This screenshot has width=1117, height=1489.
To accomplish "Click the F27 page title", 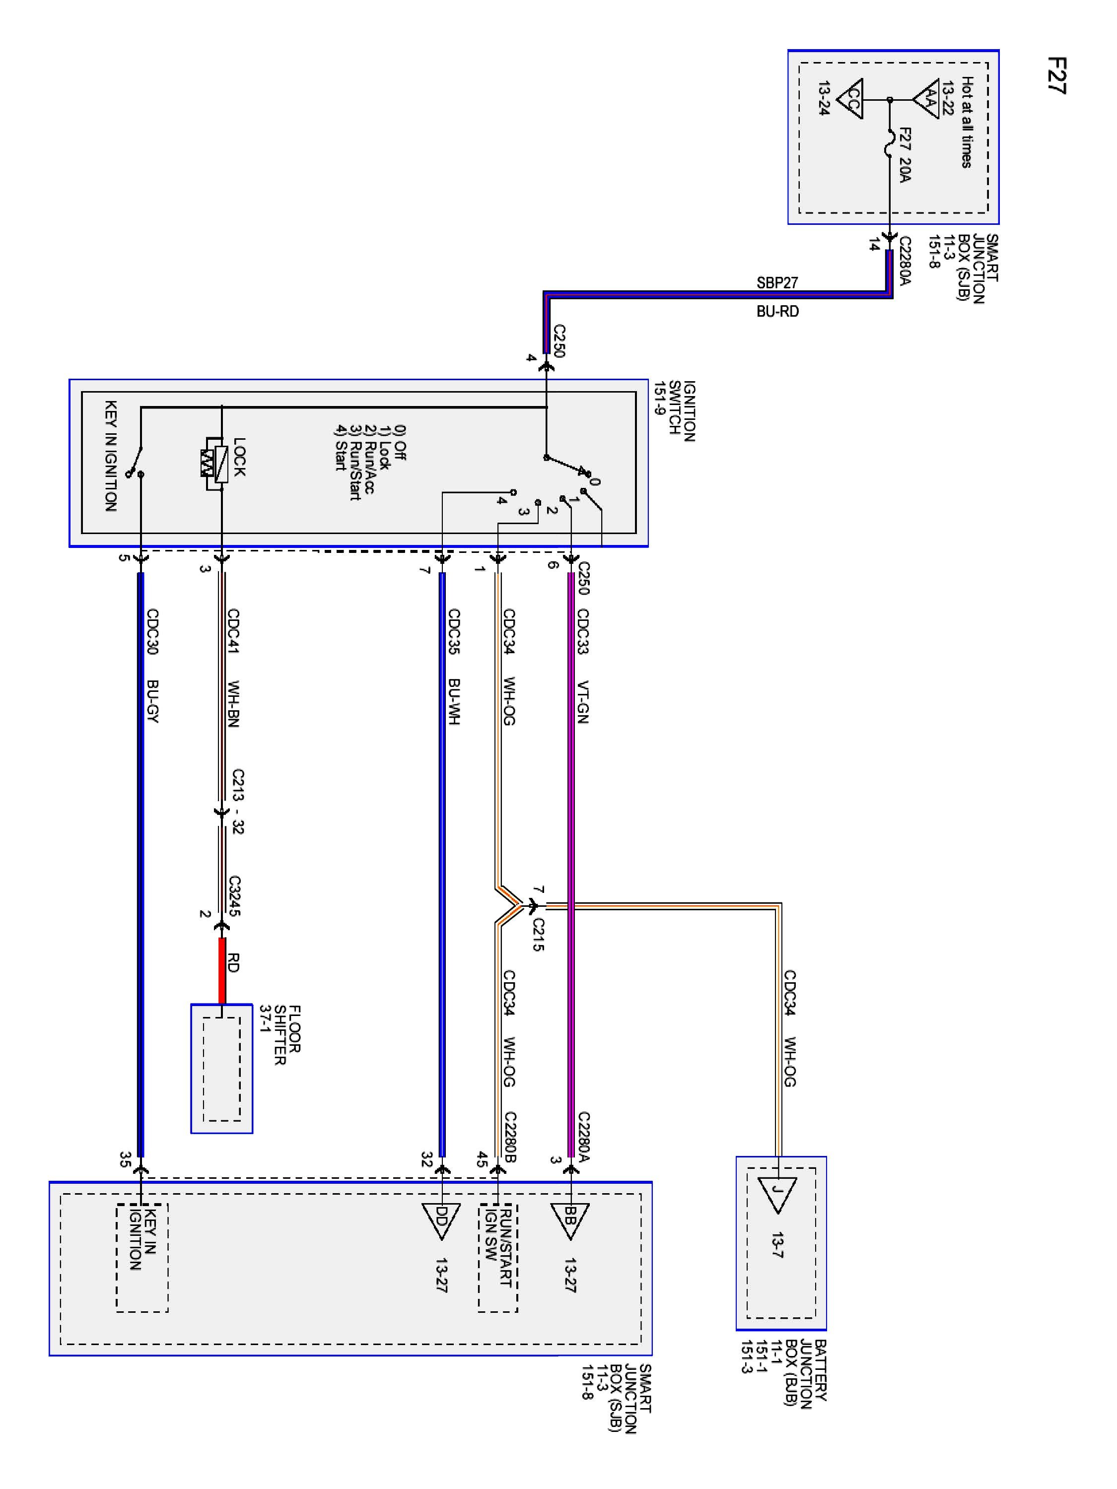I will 1056,75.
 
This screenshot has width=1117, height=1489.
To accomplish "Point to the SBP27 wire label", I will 777,283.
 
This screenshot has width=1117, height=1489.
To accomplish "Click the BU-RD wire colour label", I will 777,312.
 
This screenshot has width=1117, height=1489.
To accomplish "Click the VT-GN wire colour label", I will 583,702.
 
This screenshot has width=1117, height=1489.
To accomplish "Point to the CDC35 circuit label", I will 454,631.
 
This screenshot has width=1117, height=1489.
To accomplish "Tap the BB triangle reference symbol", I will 569,1219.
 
